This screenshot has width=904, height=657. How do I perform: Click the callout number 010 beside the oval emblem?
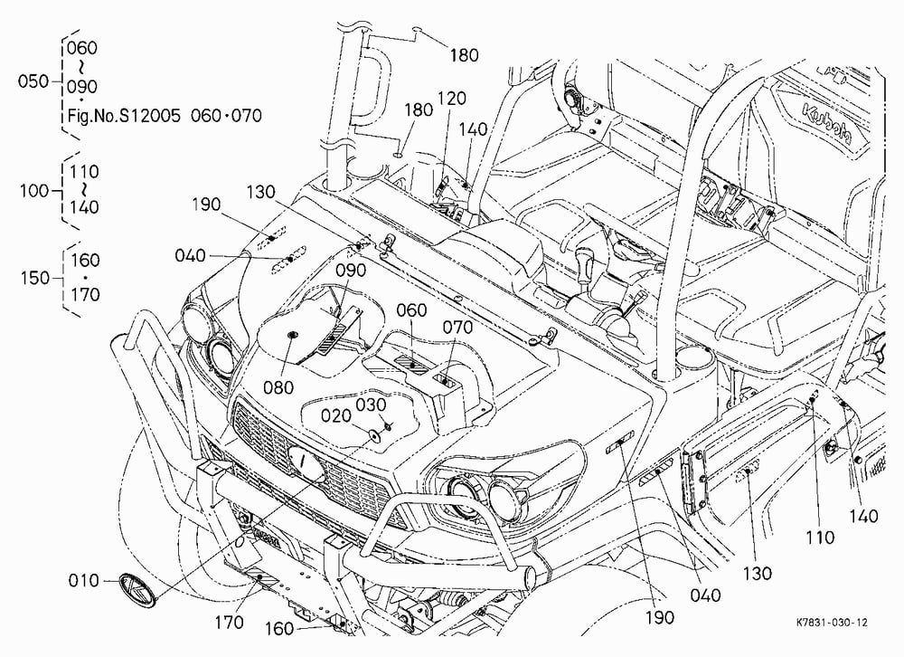83,580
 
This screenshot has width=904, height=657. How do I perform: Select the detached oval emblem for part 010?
138,590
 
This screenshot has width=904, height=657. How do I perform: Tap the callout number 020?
336,415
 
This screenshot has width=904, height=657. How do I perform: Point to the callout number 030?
370,405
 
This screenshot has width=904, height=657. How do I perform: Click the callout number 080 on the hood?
278,387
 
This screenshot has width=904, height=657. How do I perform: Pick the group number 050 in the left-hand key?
33,81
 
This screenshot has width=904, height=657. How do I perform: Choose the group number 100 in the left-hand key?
34,191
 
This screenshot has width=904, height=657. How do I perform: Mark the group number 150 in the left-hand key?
35,278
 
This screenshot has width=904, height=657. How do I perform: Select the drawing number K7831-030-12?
832,623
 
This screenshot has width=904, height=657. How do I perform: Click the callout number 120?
451,99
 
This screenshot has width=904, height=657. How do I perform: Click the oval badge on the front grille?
306,463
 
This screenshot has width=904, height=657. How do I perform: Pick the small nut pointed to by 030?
388,426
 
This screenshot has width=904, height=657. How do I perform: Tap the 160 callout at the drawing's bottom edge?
280,628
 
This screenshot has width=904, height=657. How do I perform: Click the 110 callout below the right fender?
819,538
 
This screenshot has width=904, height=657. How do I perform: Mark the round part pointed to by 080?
290,334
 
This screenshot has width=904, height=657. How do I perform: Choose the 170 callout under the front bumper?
230,623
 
